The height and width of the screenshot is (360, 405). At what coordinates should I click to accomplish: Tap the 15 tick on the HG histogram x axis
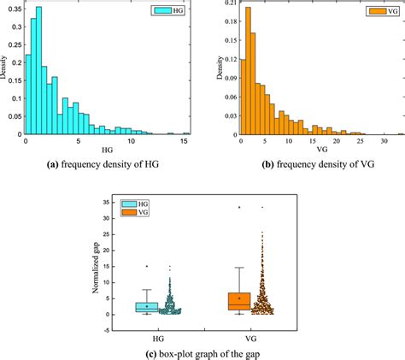pos(185,141)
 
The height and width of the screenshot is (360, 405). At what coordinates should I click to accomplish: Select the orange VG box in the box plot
pos(238,301)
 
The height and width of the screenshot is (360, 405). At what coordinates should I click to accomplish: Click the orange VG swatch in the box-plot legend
pos(131,213)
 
